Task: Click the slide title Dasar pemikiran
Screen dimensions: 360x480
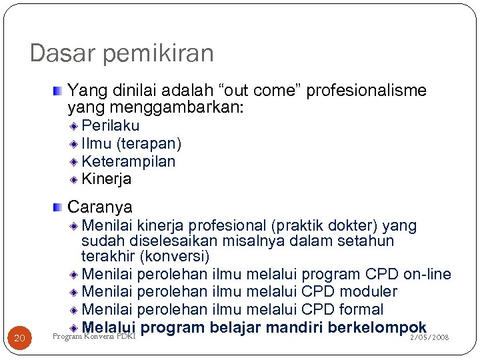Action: pos(121,53)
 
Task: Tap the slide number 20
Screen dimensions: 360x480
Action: pos(19,339)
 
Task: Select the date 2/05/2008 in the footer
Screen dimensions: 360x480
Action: pos(430,338)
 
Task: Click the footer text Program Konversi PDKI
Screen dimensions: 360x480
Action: pos(93,336)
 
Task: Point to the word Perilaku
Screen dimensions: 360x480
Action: pos(110,126)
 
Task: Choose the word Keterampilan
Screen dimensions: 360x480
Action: pos(128,161)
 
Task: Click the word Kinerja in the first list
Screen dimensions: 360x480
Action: pos(106,179)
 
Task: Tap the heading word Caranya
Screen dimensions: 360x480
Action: pos(100,207)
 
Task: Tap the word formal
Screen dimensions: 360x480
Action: pos(361,309)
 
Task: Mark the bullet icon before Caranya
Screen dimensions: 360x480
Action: pos(59,207)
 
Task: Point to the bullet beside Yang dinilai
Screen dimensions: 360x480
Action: pos(59,90)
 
